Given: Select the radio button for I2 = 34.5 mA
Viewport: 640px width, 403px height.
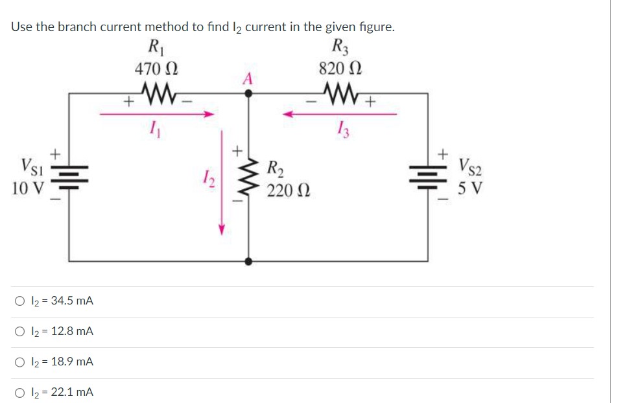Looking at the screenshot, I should pos(21,301).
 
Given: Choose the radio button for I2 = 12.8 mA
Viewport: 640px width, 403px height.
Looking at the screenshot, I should pos(21,332).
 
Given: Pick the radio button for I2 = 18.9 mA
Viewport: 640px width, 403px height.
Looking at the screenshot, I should pos(21,362).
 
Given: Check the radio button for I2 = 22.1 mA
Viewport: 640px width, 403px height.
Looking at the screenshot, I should pos(21,393).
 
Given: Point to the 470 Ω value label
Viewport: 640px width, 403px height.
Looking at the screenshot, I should pos(156,68).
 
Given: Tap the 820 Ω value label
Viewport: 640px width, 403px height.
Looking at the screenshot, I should pos(340,68).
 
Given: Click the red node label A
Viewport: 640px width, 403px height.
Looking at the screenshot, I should pos(248,78).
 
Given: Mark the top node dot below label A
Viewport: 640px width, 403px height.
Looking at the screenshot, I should pos(248,93).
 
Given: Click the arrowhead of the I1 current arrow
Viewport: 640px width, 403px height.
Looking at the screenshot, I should pos(209,115).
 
